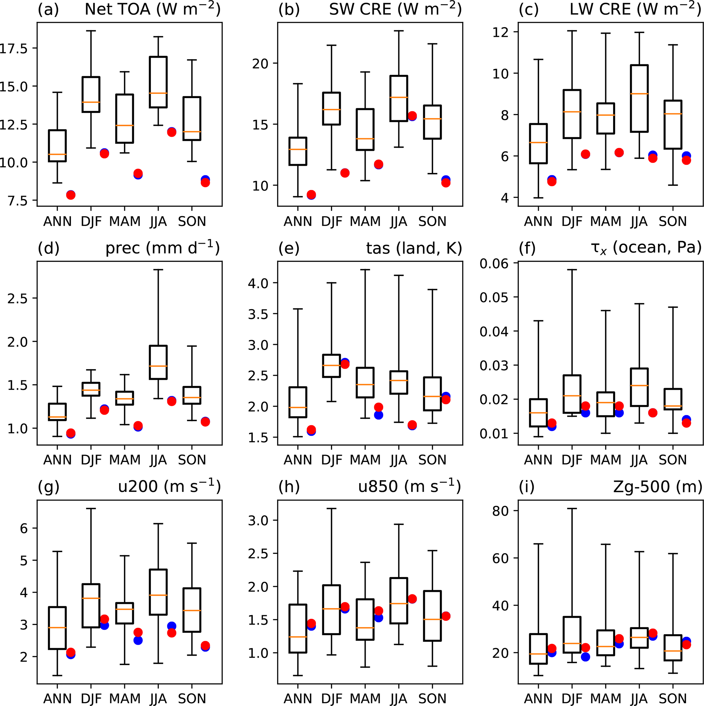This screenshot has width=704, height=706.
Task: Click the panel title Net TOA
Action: tap(153, 9)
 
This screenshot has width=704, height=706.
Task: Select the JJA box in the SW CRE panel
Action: tap(398, 98)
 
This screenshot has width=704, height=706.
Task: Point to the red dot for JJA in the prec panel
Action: tap(172, 401)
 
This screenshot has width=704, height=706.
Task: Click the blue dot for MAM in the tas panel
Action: tap(378, 415)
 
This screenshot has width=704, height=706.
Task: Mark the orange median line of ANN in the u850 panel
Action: tap(298, 637)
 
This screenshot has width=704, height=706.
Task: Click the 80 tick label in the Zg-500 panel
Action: tap(500, 511)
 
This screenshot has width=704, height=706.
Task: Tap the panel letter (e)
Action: tap(288, 248)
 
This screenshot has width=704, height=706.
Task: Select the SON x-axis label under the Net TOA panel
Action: tap(192, 222)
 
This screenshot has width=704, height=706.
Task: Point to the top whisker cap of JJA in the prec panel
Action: tap(158, 270)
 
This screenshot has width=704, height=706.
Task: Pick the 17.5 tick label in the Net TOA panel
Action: tap(14, 48)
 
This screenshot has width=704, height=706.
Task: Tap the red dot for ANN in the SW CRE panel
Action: tap(311, 194)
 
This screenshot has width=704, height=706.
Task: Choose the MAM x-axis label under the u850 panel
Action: tap(365, 698)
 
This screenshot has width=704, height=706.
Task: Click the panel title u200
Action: tap(169, 487)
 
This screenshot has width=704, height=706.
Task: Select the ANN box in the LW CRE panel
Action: tap(538, 144)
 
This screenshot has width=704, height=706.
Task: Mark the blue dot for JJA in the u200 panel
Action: tap(172, 626)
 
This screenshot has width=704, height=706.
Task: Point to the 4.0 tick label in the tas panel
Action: tap(258, 283)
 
